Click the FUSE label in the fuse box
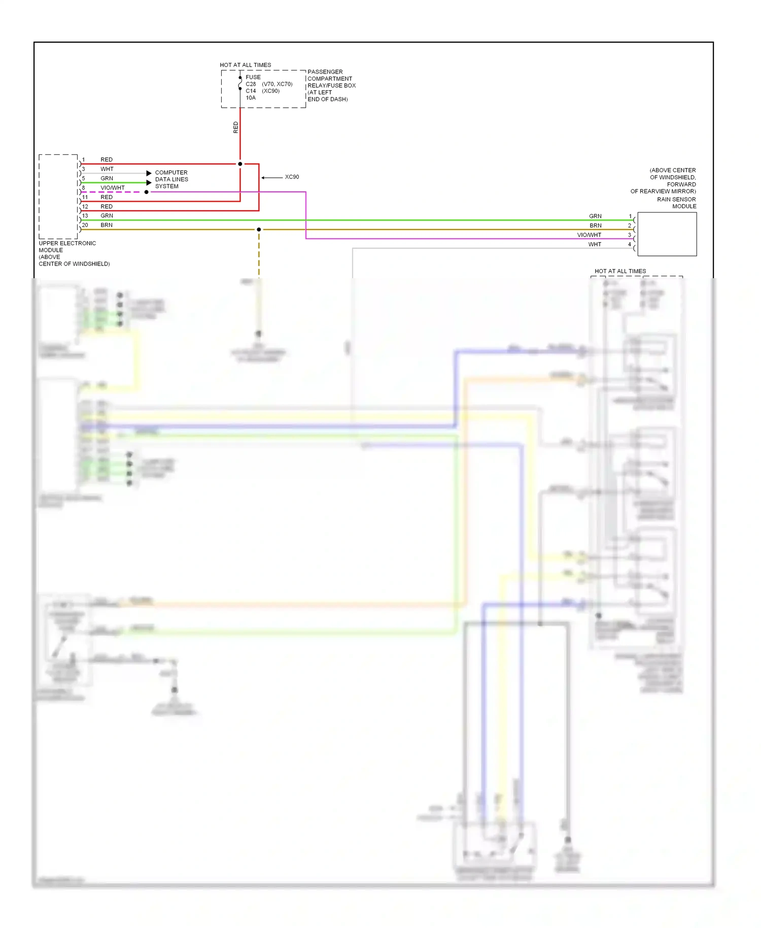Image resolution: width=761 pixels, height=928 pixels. pos(253,77)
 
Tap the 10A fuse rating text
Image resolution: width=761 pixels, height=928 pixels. pos(251,97)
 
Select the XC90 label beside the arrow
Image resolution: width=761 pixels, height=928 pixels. pos(292,177)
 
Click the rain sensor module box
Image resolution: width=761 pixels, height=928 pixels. pos(667,234)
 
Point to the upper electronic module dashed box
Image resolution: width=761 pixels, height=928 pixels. pos(58,196)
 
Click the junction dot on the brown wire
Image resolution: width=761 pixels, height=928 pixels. pos(259,229)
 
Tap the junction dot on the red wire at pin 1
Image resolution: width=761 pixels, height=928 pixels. pos(240,164)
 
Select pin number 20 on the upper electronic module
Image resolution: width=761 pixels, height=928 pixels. pos(85,225)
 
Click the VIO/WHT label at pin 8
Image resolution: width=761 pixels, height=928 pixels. pos(113,188)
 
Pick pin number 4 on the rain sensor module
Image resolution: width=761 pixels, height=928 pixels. pos(630,244)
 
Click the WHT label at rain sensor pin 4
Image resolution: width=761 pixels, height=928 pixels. pos(595,244)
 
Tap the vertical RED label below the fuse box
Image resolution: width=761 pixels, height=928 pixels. pos(235,127)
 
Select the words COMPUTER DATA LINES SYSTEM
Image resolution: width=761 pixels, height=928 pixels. pos(171,179)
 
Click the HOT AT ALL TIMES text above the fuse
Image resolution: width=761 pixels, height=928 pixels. pos(245,65)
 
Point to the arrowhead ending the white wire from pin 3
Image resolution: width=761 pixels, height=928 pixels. pos(149,173)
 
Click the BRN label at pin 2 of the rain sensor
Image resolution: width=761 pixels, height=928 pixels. pos(595,225)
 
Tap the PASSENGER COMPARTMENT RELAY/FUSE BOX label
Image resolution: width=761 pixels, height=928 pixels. pos(331,85)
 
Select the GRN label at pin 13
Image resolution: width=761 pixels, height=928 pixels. pos(107,216)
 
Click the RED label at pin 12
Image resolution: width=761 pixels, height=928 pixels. pos(107,207)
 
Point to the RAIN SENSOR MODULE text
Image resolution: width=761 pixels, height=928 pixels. pos(676,203)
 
